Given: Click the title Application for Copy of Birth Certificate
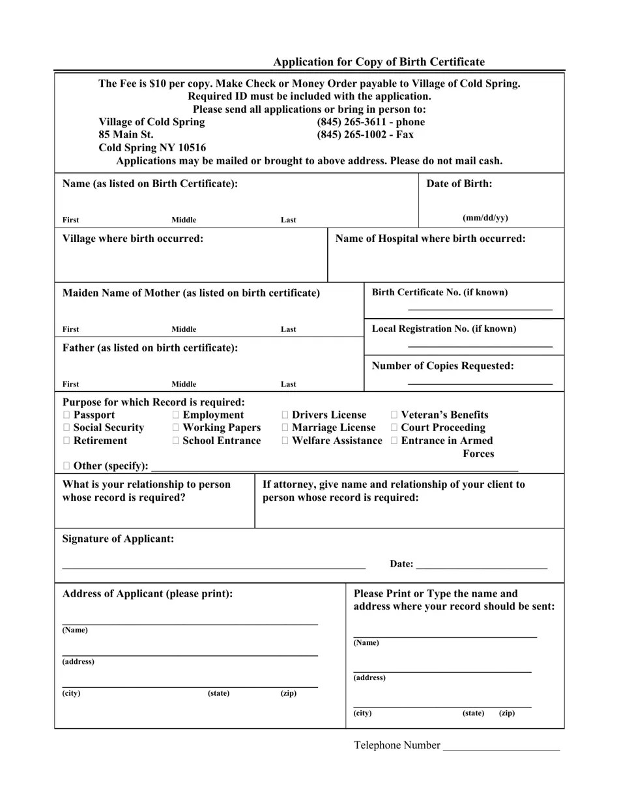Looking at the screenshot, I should point(379,62).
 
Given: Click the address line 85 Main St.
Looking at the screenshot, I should point(126,135).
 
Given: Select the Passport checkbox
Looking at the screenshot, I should point(66,415).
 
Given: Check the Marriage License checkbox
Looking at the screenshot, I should point(285,428).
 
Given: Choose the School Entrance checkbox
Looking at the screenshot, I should point(176,441).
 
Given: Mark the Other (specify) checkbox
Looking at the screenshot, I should point(66,466).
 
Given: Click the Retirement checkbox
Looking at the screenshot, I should point(66,441).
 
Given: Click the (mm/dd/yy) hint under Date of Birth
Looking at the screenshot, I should point(485,218).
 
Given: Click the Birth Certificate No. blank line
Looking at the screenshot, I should point(480,308).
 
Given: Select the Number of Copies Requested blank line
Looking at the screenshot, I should point(480,383).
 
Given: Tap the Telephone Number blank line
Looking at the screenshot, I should point(500,750).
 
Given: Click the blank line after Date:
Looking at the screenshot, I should point(481,568).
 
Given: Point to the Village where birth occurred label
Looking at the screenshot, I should point(133,239).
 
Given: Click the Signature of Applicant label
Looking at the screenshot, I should point(118,539).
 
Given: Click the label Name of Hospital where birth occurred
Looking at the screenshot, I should point(430,239).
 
